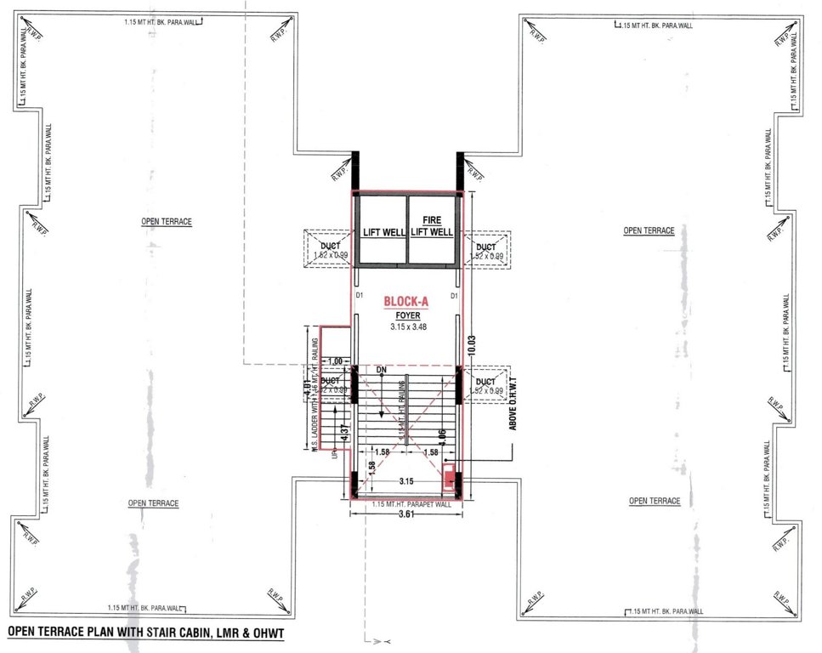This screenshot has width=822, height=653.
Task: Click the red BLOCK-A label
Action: pyautogui.click(x=405, y=301)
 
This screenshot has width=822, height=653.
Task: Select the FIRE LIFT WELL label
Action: pyautogui.click(x=432, y=225)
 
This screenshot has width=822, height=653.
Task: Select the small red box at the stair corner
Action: pyautogui.click(x=448, y=482)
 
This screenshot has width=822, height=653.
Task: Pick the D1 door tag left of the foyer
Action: pyautogui.click(x=360, y=296)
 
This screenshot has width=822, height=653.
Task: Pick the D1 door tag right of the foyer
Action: pyautogui.click(x=455, y=296)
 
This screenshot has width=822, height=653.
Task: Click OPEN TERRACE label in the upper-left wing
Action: pyautogui.click(x=167, y=222)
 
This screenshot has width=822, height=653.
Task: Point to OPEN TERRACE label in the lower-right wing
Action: pyautogui.click(x=655, y=501)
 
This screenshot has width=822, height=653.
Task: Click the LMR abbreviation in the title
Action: pyautogui.click(x=220, y=633)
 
